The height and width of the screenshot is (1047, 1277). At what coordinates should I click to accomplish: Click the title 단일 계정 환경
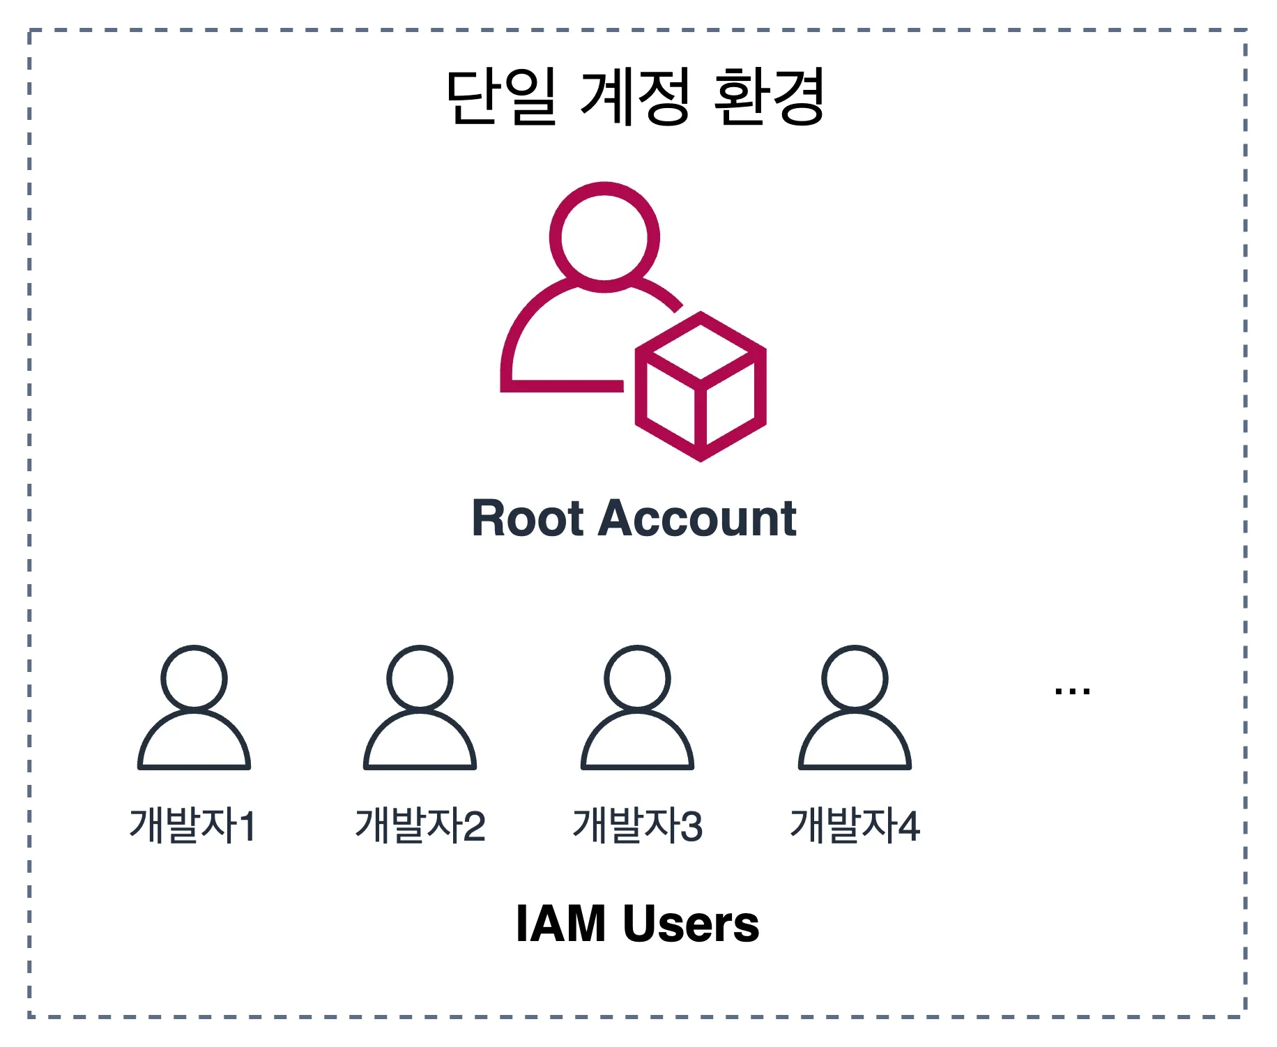click(x=635, y=97)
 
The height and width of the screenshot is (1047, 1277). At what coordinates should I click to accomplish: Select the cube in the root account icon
click(x=700, y=386)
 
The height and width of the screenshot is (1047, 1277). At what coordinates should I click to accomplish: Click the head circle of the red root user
click(x=604, y=237)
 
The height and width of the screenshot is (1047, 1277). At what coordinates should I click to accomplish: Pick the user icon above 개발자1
click(x=194, y=708)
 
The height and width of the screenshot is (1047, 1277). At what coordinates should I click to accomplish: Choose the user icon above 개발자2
click(x=420, y=708)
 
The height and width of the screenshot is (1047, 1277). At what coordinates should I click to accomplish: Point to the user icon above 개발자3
click(x=637, y=708)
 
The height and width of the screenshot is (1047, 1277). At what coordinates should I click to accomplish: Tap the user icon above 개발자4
click(x=855, y=708)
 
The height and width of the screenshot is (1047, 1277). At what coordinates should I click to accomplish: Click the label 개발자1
click(x=193, y=826)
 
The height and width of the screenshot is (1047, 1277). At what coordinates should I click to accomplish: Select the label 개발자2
click(x=420, y=826)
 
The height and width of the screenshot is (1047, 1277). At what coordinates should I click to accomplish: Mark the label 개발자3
click(x=637, y=826)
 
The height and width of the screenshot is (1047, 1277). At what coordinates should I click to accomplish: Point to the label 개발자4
click(x=855, y=826)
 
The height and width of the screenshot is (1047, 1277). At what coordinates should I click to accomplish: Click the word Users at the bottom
click(x=691, y=924)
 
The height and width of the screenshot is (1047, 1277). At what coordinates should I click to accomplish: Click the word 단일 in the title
click(x=501, y=97)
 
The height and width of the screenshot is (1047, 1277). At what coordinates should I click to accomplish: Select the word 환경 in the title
click(x=770, y=97)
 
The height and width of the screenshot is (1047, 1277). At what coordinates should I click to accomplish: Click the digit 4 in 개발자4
click(x=908, y=827)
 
